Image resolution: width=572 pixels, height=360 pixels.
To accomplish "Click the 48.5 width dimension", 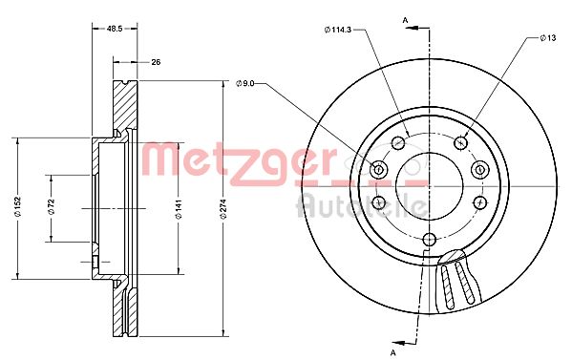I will [x=114, y=30].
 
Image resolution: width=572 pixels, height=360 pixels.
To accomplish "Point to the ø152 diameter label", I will [x=16, y=207].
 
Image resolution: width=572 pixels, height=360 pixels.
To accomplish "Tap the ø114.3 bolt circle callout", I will [x=338, y=31].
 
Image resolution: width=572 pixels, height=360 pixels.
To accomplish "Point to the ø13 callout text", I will [x=547, y=37].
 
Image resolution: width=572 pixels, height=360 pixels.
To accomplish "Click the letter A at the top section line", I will [x=404, y=19].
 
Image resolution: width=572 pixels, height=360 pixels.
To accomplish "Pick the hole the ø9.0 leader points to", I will [x=378, y=170].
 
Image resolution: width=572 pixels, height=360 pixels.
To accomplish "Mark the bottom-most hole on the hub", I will [x=429, y=239].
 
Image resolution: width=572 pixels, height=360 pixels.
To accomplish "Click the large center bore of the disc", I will [x=429, y=181].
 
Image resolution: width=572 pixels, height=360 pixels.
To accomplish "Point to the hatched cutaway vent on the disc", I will [x=455, y=283].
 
